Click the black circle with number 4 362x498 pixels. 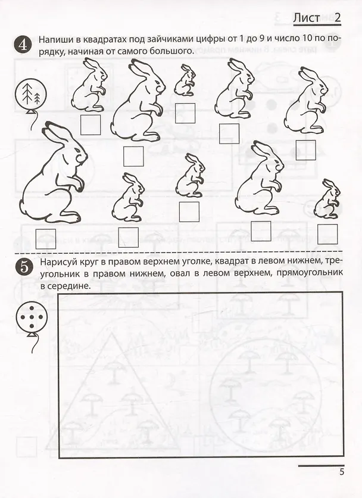coord(23,45)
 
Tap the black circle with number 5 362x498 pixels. coord(23,267)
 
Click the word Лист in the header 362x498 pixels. coord(306,18)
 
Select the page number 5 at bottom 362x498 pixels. coord(342,472)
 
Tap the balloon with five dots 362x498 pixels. coord(32,317)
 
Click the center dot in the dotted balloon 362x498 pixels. coord(32,317)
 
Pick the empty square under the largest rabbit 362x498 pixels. coord(46,239)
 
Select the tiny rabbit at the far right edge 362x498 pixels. coord(327,199)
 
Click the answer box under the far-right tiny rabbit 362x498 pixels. coord(327,234)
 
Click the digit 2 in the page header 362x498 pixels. coord(337,18)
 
